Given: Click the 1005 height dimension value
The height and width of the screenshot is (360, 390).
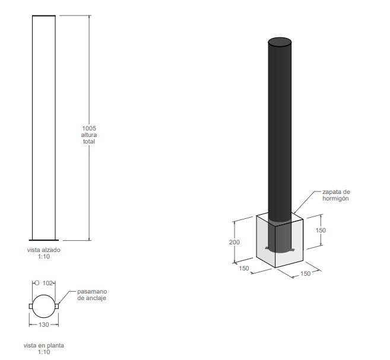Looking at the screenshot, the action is tap(89, 128).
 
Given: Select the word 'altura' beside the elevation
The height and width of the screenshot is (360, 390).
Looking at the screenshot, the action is tap(89, 135).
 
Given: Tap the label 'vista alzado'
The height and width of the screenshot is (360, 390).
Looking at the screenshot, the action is tap(44, 250).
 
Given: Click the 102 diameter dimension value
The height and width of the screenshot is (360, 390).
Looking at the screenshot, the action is tap(47, 283).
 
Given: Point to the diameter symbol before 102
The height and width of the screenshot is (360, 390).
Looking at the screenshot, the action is tap(37, 283).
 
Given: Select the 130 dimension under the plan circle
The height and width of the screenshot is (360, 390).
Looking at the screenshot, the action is tap(44, 324).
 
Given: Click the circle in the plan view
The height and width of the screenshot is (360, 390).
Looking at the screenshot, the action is tap(44, 295).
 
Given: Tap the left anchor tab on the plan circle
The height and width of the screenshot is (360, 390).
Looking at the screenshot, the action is tap(31, 307).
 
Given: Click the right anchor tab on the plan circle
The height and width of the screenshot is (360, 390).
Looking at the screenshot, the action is tap(57, 307).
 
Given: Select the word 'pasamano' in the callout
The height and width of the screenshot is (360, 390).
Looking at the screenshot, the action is tap(92, 291).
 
